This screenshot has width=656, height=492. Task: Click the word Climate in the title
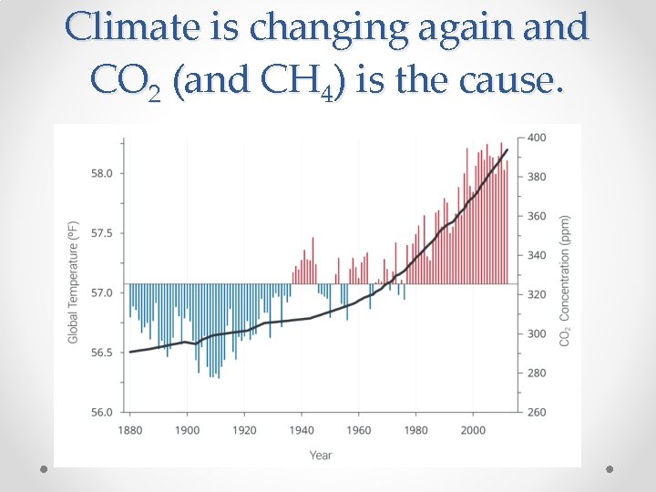point(131,28)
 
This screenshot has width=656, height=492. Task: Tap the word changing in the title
point(314,28)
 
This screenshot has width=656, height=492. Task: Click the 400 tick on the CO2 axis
point(538,138)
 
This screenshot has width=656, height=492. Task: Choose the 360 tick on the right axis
point(538,216)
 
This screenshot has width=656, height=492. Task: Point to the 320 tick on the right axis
point(538,294)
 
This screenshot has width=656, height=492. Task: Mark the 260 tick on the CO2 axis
point(538,413)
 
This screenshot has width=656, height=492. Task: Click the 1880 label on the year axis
point(130,430)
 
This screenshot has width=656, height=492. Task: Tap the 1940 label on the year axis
point(301,430)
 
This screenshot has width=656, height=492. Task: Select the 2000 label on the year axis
point(472,430)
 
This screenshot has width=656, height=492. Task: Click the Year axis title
point(321,455)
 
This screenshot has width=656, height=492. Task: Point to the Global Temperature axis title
point(73,282)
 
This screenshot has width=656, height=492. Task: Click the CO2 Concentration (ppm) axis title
point(566,281)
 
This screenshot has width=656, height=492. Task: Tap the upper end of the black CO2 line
point(507,149)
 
